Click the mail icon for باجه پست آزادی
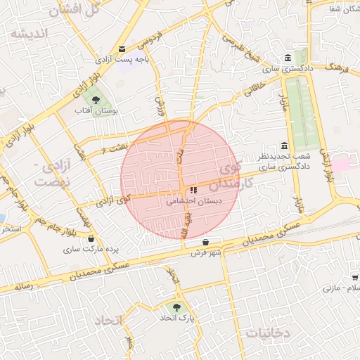tap(123, 49)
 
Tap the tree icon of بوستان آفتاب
tap(96, 100)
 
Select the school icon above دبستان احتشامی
tap(193, 190)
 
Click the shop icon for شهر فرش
tap(205, 242)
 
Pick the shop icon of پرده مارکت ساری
tap(91, 238)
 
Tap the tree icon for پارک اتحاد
tap(176, 307)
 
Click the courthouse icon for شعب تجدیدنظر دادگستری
tap(284, 145)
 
